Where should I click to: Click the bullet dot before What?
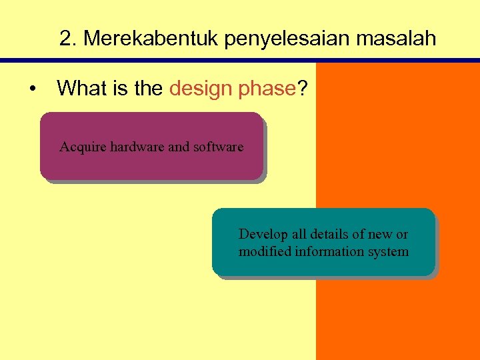(x=31, y=89)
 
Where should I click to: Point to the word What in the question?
(x=83, y=88)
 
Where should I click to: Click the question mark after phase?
(x=303, y=88)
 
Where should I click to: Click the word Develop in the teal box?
(x=261, y=235)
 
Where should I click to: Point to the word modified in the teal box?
(x=263, y=252)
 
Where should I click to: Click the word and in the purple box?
(x=178, y=147)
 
